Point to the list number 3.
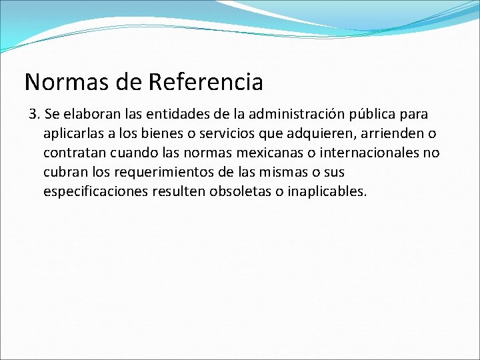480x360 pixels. (35, 114)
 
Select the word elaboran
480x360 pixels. (93, 114)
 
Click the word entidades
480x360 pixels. (176, 114)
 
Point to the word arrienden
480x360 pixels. (379, 133)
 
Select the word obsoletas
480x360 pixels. (239, 191)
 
